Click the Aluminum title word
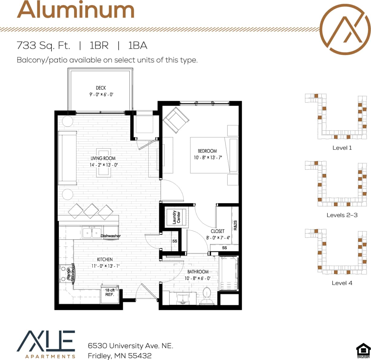click(76, 10)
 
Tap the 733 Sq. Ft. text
click(43, 45)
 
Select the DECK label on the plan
click(101, 88)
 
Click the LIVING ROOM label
click(103, 158)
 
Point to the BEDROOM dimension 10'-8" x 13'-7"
click(208, 158)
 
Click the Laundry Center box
click(176, 217)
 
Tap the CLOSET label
click(218, 231)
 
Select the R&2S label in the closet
click(235, 225)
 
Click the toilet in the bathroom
click(207, 295)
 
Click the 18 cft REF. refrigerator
click(110, 293)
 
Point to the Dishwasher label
click(110, 236)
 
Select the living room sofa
click(67, 158)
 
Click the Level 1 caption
click(342, 148)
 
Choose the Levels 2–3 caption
click(342, 215)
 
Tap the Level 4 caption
click(342, 283)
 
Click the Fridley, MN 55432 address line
click(120, 356)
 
